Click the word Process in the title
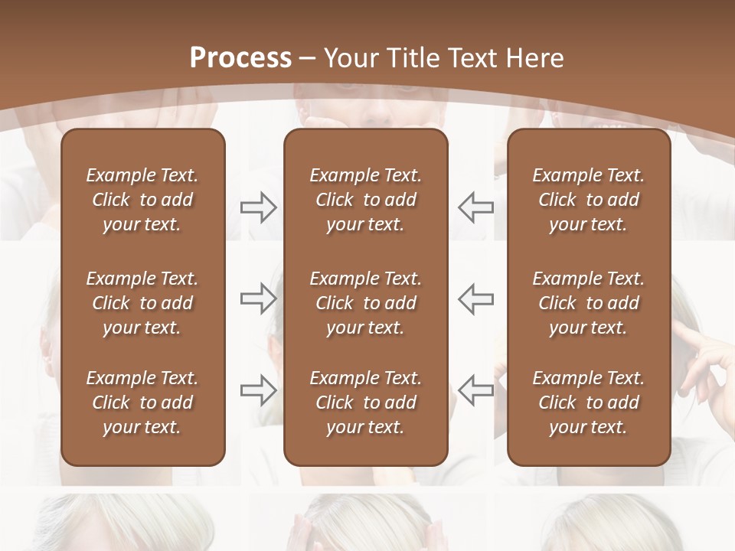[240, 58]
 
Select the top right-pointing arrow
[258, 207]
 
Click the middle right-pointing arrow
[258, 298]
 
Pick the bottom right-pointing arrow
[258, 390]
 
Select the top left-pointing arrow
[476, 207]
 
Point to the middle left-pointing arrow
[476, 298]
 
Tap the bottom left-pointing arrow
[476, 390]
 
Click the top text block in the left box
[142, 200]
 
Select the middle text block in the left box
[142, 303]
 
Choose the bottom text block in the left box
[142, 403]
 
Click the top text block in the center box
[365, 200]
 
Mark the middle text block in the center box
[365, 303]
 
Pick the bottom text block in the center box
[365, 403]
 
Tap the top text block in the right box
[588, 200]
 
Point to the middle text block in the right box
[588, 303]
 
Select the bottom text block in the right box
[588, 403]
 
